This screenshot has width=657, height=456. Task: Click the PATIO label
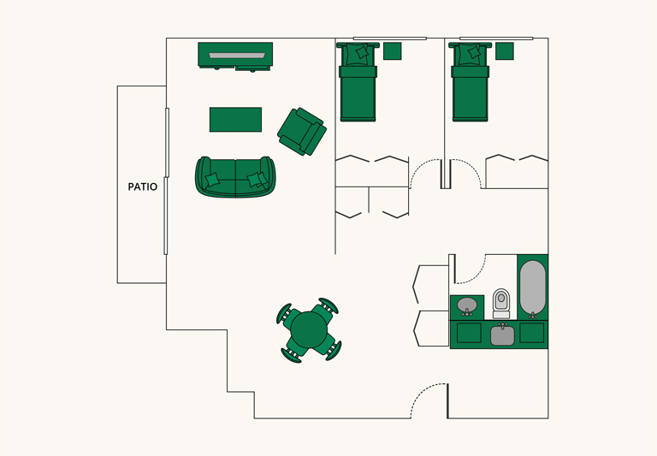142,186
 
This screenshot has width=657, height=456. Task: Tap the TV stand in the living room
235,56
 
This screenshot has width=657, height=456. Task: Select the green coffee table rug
235,119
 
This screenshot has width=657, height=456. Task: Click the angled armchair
302,132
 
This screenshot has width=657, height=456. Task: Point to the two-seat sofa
235,176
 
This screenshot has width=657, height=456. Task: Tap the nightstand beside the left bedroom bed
392,50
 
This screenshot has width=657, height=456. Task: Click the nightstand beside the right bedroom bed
504,50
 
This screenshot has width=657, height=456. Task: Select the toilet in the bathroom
501,302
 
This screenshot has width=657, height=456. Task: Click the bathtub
532,287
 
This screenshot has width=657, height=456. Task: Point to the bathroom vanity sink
467,305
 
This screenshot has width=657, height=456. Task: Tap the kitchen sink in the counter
502,335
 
